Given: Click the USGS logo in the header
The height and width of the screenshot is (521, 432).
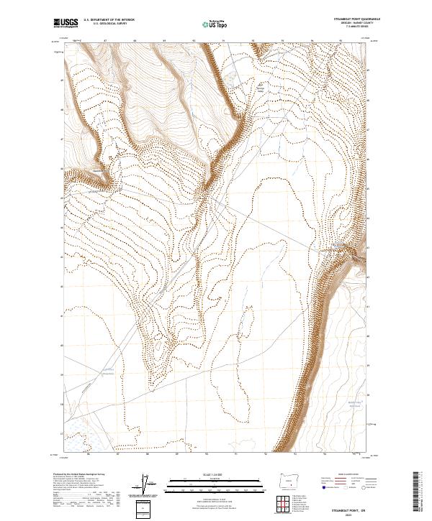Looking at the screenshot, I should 67,24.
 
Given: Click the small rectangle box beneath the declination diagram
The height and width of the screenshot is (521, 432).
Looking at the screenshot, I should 146,508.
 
